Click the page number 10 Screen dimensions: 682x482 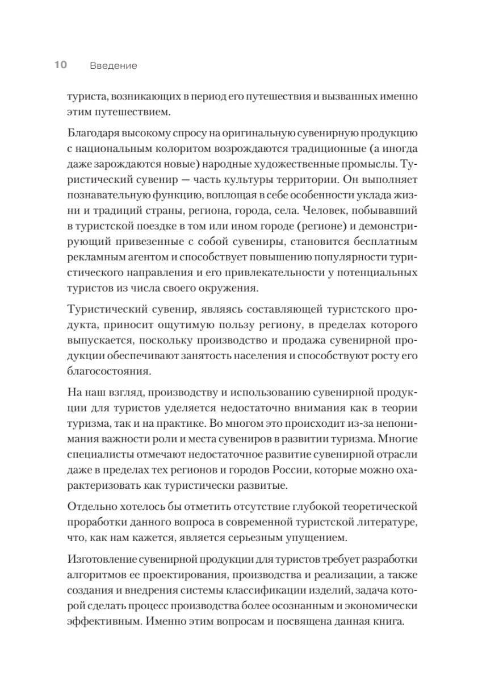pyautogui.click(x=61, y=65)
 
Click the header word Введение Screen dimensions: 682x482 pyautogui.click(x=114, y=66)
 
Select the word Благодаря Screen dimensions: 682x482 pyautogui.click(x=95, y=134)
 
